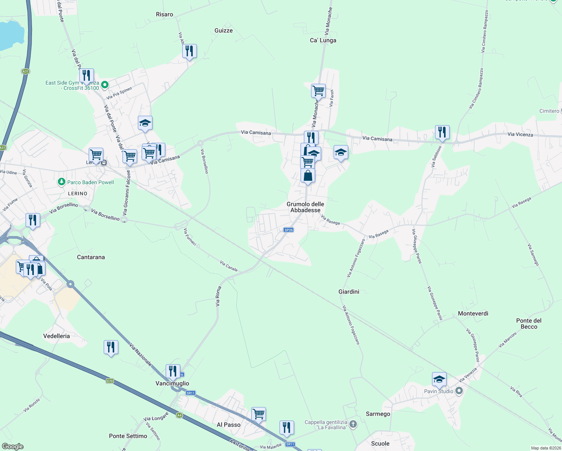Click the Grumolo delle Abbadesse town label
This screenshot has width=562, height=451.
point(305,207)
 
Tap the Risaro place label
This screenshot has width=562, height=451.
point(165,15)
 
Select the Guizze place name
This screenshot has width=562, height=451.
point(224,31)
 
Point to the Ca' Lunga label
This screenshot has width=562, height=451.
point(323,41)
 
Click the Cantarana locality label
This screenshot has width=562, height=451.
point(91,257)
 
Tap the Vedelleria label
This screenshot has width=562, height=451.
point(57,336)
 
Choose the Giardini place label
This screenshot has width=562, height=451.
point(349,292)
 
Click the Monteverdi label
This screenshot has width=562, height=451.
point(473,314)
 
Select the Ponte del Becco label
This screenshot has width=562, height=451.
point(529,324)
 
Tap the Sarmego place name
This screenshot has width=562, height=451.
point(378,414)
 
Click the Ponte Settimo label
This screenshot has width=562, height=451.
point(128,436)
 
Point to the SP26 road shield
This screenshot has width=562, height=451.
point(289,230)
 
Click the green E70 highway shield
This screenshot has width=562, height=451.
point(110,381)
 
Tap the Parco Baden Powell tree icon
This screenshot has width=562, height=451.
point(61,182)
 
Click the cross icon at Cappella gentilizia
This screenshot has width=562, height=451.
point(353,425)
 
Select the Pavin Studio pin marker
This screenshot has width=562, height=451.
point(459,391)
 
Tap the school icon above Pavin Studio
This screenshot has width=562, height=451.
point(439,379)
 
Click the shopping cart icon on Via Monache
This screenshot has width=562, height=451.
point(318,91)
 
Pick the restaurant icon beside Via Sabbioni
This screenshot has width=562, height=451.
point(442,132)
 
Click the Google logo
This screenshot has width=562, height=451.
point(13,446)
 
